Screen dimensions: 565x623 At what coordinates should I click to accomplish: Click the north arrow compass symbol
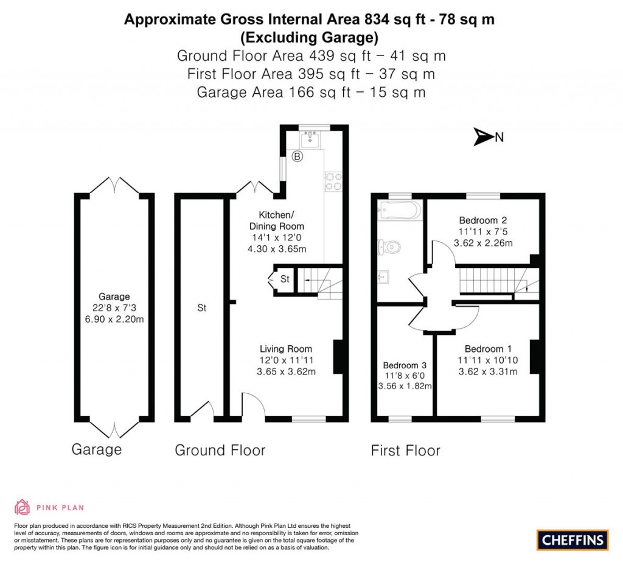click(x=482, y=138)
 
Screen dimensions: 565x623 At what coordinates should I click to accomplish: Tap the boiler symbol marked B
click(x=298, y=156)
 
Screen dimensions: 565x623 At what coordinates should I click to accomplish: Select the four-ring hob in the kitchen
click(x=334, y=180)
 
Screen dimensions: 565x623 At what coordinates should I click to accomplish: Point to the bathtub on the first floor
click(x=399, y=210)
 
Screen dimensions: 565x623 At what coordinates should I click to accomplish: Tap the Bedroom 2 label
click(x=483, y=220)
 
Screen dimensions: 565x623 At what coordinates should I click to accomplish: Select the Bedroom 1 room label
click(x=488, y=349)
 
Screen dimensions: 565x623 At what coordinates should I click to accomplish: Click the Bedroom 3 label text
click(x=405, y=365)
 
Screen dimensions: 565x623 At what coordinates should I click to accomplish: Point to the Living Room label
click(x=286, y=349)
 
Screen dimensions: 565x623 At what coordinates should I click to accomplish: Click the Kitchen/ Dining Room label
click(x=277, y=220)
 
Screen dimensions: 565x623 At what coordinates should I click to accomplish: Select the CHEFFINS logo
click(x=573, y=539)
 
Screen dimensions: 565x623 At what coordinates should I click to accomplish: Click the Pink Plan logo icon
click(x=23, y=507)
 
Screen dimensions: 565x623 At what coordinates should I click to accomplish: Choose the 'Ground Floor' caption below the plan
click(x=220, y=451)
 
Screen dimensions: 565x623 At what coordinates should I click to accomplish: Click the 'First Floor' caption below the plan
click(x=405, y=451)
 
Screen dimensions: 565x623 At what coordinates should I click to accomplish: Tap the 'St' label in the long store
click(x=202, y=308)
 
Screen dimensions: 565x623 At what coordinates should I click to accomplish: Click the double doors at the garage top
click(x=114, y=184)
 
